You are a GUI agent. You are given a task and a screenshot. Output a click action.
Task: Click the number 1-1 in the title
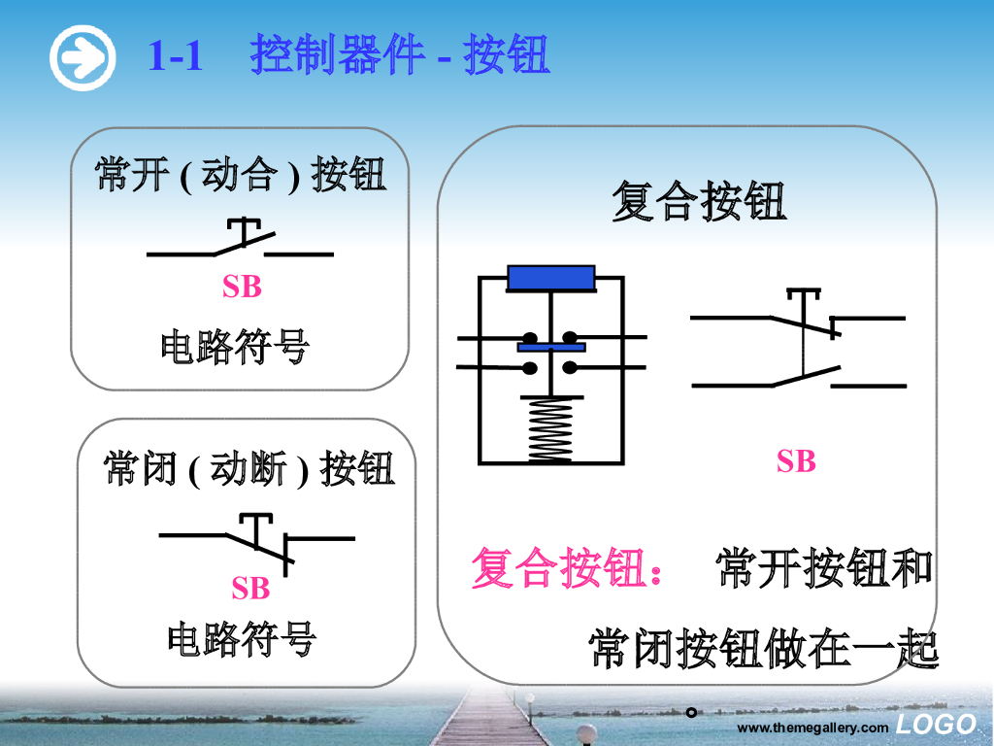(176, 56)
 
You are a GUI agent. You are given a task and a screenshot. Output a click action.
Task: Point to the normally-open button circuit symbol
(241, 242)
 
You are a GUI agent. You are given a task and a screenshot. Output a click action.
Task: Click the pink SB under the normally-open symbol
(242, 288)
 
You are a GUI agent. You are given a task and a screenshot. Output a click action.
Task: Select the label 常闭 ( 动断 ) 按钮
(249, 469)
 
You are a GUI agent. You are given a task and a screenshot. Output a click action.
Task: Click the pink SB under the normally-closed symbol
(250, 589)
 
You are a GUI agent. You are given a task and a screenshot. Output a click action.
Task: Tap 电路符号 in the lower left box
(242, 639)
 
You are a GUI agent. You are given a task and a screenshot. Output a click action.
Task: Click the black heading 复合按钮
(698, 203)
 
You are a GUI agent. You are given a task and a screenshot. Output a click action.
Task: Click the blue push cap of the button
(551, 278)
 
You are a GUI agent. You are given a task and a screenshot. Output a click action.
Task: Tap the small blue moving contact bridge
(551, 346)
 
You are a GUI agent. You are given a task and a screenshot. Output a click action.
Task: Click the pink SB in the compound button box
(796, 462)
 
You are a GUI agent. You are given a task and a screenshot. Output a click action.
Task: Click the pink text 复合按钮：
(569, 568)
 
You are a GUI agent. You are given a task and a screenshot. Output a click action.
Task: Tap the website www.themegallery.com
(812, 728)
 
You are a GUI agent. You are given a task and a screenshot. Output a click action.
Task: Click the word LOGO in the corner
(936, 724)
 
